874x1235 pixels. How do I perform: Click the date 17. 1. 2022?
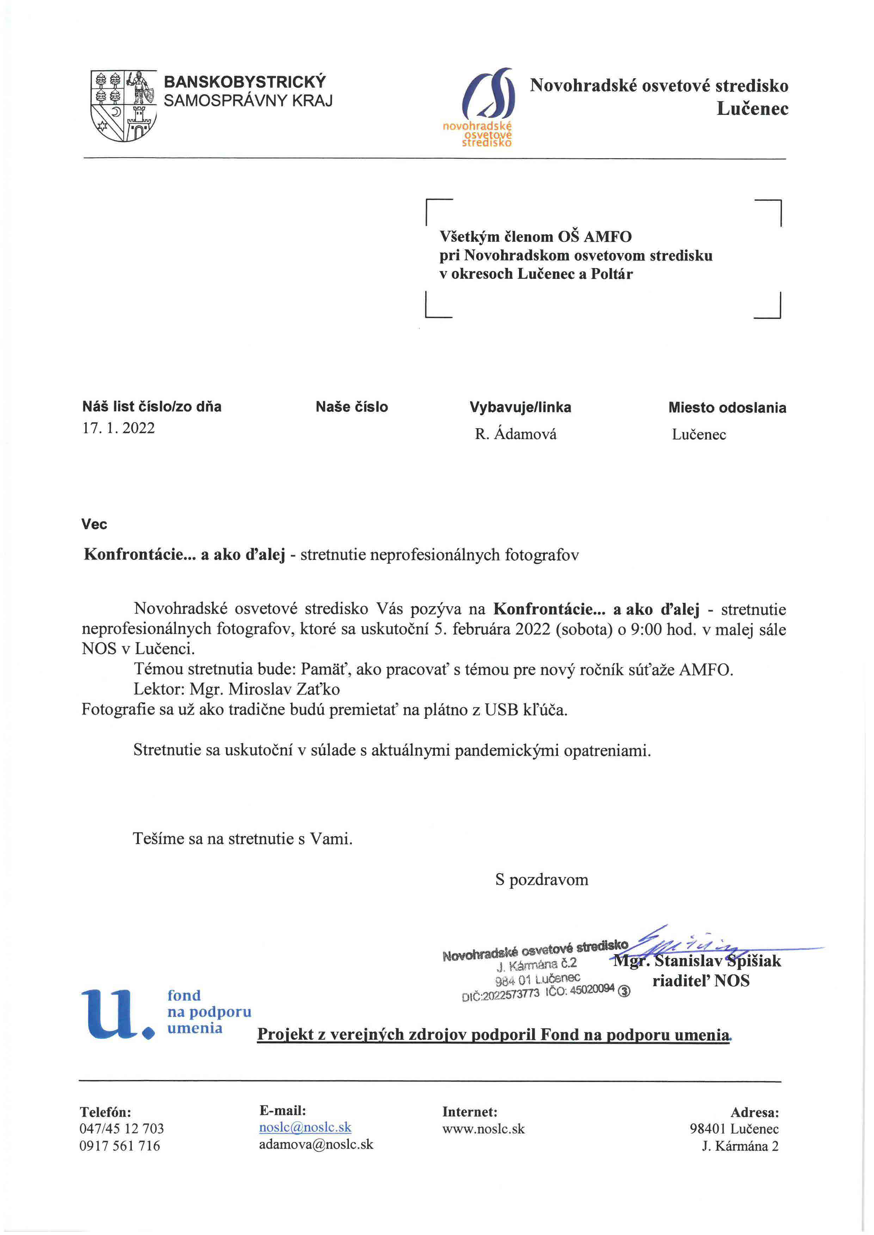(x=118, y=428)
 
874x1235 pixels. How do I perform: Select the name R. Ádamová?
(x=515, y=434)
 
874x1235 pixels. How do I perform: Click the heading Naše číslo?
(x=351, y=407)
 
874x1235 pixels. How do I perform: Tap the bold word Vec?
(x=94, y=524)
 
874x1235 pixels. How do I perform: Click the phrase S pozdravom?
(x=541, y=880)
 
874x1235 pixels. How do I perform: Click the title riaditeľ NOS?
(x=701, y=981)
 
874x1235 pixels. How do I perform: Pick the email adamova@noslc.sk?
(x=316, y=1144)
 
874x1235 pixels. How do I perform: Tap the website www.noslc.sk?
(x=483, y=1129)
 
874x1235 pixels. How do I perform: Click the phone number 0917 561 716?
(x=119, y=1146)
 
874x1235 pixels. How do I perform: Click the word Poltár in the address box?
(x=611, y=274)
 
